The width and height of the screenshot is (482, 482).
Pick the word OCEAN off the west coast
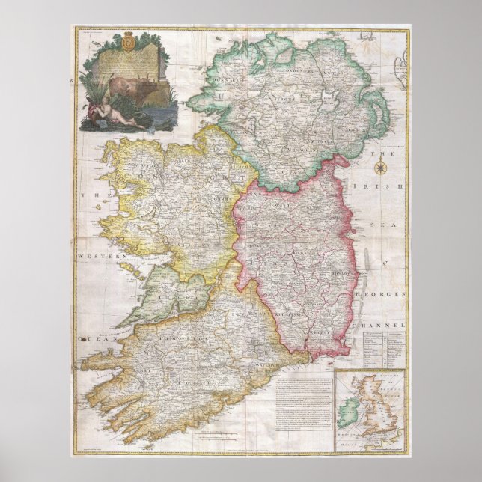[97, 339]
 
